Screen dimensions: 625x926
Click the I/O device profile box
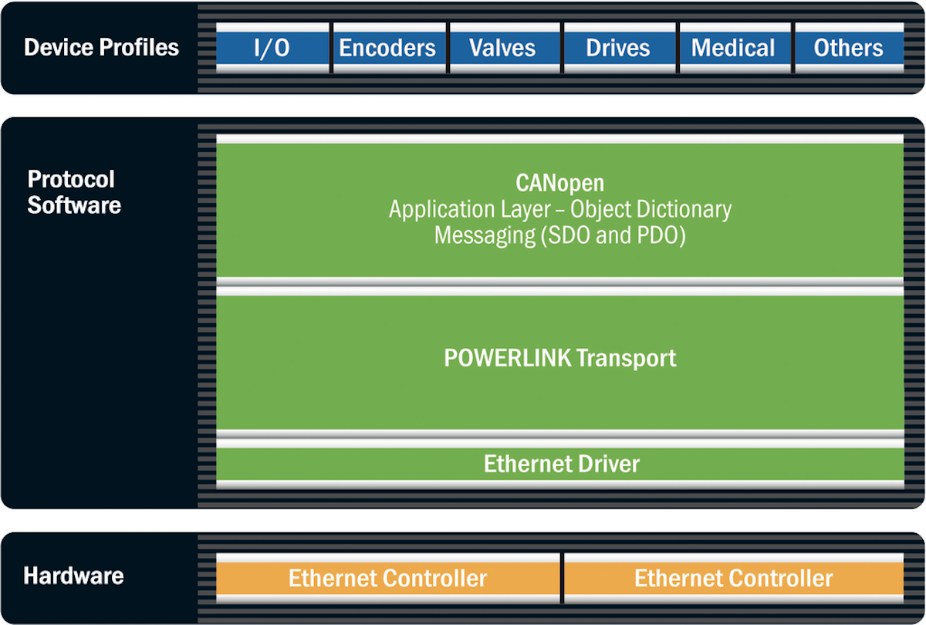tap(272, 48)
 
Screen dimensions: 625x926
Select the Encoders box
tap(387, 48)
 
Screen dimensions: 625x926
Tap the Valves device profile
tap(502, 48)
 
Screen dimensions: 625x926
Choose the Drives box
tap(617, 48)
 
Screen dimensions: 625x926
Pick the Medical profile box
tap(733, 48)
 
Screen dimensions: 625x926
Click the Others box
tap(848, 48)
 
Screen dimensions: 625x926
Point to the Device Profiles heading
tap(101, 47)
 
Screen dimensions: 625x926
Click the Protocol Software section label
tap(74, 193)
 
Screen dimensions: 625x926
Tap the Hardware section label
tap(73, 576)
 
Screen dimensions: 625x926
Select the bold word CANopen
tap(559, 184)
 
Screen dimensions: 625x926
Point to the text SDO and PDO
tap(613, 235)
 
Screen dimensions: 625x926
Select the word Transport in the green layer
tap(626, 358)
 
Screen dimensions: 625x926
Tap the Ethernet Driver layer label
tap(561, 464)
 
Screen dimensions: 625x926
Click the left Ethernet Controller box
tap(387, 578)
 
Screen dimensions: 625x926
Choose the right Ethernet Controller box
tap(733, 578)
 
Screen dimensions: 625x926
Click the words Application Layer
tap(469, 209)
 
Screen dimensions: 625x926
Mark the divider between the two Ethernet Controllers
tap(561, 577)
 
